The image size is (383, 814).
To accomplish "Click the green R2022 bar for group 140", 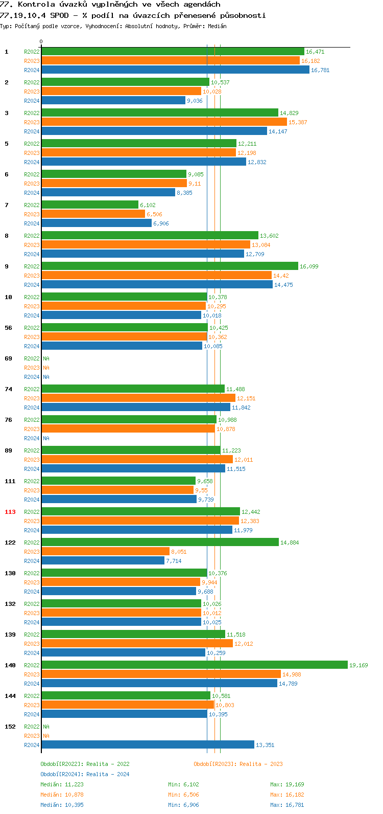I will [194, 665].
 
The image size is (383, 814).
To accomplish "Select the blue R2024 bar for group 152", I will [148, 744].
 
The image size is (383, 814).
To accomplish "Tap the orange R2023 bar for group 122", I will [105, 551].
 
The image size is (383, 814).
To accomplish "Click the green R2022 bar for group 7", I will [90, 205].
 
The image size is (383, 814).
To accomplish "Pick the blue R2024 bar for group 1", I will [175, 70].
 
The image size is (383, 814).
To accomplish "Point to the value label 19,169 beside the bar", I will [358, 665].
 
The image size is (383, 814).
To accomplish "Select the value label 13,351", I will [265, 745].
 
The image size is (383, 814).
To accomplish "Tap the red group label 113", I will [10, 512].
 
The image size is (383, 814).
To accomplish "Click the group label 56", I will [8, 328].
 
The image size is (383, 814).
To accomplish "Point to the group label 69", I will [8, 358].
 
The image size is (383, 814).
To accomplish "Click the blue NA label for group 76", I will [46, 438].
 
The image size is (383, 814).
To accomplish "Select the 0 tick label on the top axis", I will [41, 42].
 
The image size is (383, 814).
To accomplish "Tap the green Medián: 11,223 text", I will [62, 784].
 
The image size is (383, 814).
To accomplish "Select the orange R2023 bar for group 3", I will [164, 122].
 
